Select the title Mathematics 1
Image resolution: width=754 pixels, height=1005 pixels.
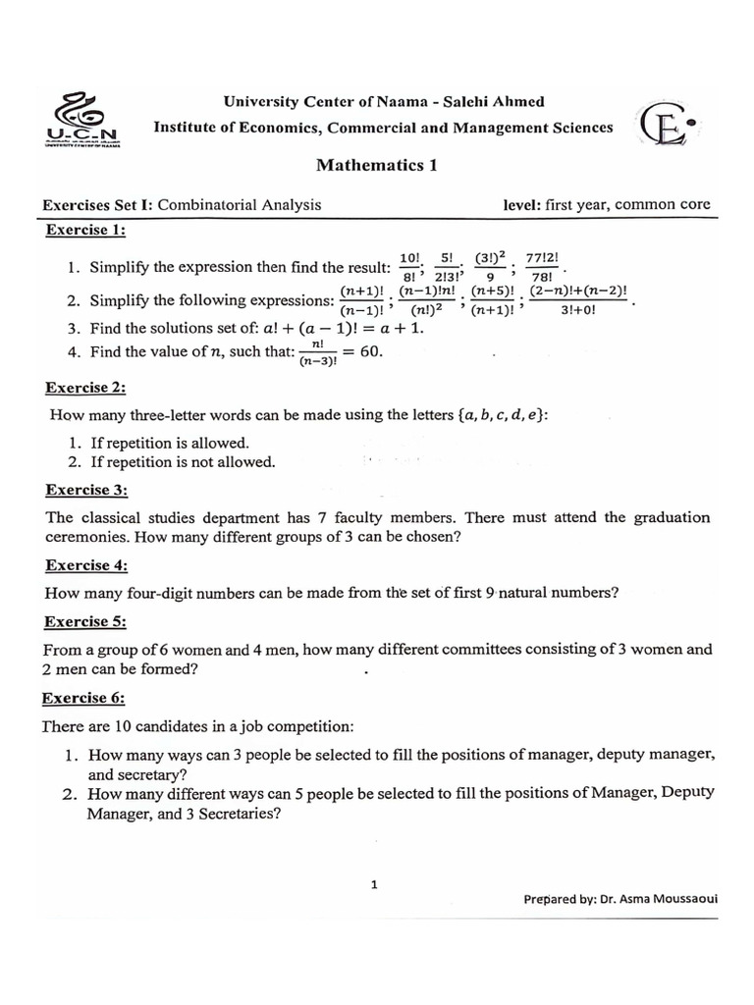click(376, 165)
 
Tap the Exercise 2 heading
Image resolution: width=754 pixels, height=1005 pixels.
click(86, 389)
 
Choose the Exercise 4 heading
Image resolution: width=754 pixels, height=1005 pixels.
click(86, 565)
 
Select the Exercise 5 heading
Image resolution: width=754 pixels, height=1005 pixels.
click(86, 621)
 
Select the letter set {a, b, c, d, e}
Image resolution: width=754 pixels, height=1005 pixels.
click(502, 415)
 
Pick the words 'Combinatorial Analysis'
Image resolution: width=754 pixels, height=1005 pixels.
click(240, 205)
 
